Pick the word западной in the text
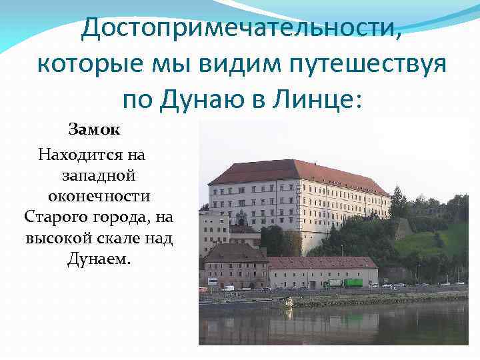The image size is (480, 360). tap(99, 176)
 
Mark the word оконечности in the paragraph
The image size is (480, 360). tap(99, 197)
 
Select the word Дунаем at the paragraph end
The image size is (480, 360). tap(99, 259)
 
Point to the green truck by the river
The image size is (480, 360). tap(353, 283)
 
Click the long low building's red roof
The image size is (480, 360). tap(320, 263)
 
